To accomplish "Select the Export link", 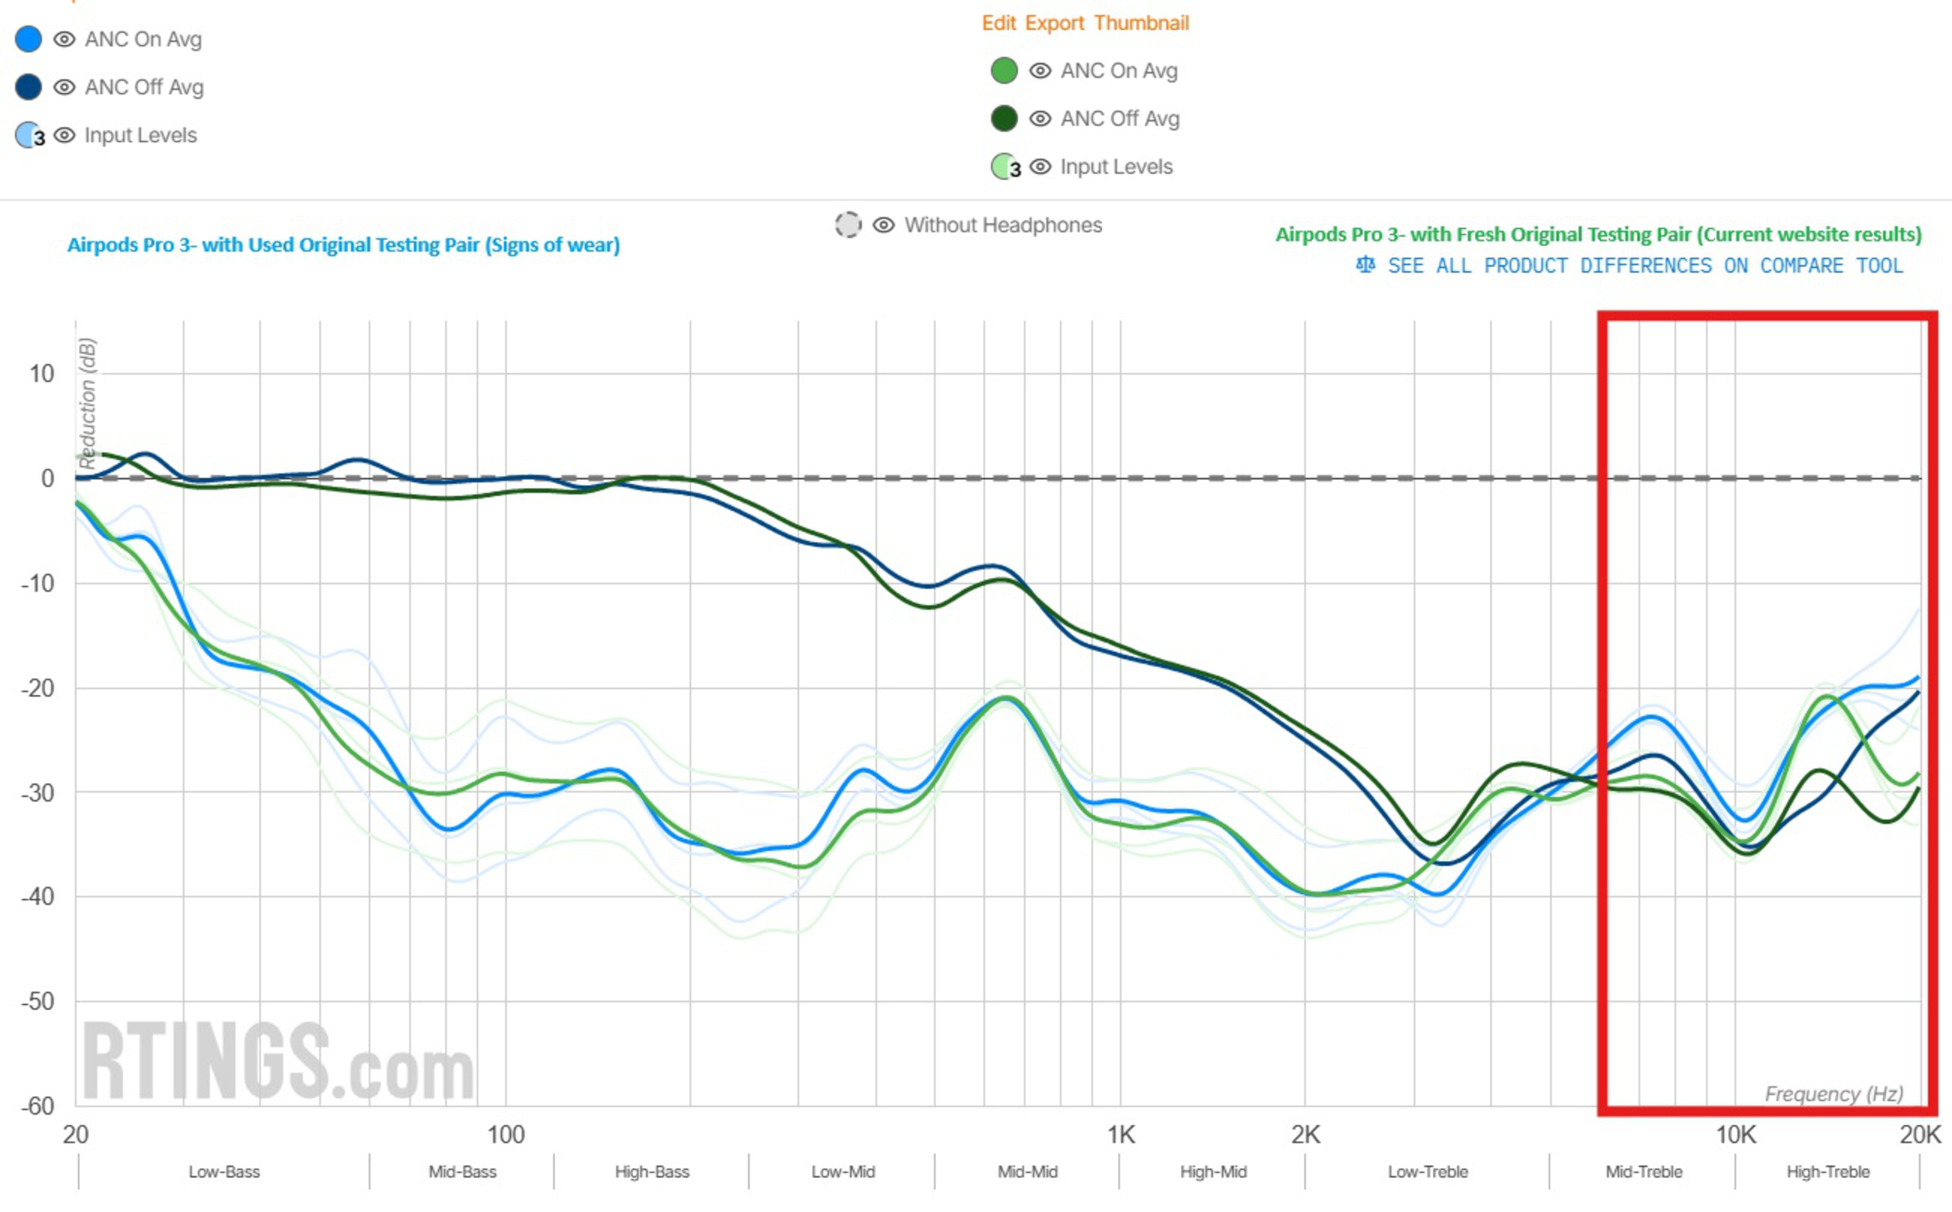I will (1055, 23).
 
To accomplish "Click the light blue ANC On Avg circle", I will (29, 39).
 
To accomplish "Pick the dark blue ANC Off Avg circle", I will (29, 86).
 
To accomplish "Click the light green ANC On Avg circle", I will (1004, 71).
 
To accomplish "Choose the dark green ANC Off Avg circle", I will (1004, 119).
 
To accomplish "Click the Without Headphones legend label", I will (1002, 225).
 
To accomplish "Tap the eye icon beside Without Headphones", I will (883, 225).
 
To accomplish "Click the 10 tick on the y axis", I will (42, 373).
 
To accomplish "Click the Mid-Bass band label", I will (462, 1172).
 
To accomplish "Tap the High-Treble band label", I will (1827, 1172).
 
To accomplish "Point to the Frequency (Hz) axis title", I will (1834, 1094).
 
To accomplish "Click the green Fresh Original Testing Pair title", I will (1598, 235).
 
